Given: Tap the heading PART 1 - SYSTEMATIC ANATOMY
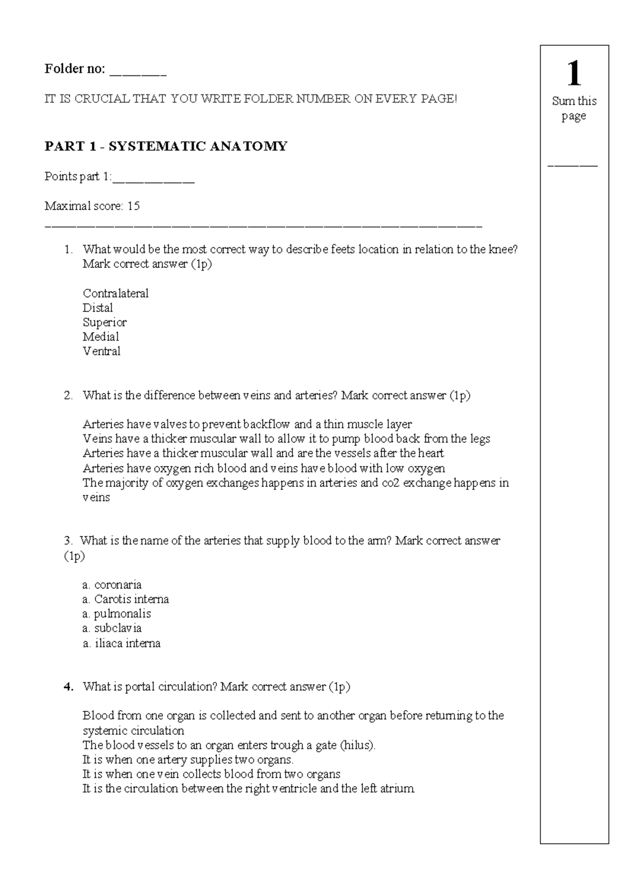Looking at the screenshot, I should pyautogui.click(x=166, y=146).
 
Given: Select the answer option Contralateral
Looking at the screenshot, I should pyautogui.click(x=115, y=294).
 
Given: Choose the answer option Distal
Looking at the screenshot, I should pyautogui.click(x=97, y=308).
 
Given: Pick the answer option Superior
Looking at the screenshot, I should pyautogui.click(x=104, y=322).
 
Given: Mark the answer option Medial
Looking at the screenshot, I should pyautogui.click(x=101, y=337).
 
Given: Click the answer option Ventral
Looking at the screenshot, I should pyautogui.click(x=101, y=351).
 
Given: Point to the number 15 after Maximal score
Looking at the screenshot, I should pyautogui.click(x=133, y=206).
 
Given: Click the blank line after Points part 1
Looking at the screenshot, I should pyautogui.click(x=154, y=180).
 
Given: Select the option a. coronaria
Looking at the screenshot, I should pyautogui.click(x=112, y=584).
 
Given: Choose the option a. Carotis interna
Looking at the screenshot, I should pyautogui.click(x=125, y=599).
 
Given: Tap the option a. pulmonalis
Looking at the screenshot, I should pyautogui.click(x=116, y=614).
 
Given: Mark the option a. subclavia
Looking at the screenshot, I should pyautogui.click(x=112, y=628).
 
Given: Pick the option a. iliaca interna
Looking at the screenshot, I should pyautogui.click(x=121, y=643).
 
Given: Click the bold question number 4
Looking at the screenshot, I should pyautogui.click(x=68, y=687).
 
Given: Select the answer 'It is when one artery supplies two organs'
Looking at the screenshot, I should pyautogui.click(x=188, y=760).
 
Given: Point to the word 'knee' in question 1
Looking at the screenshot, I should pyautogui.click(x=501, y=250).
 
